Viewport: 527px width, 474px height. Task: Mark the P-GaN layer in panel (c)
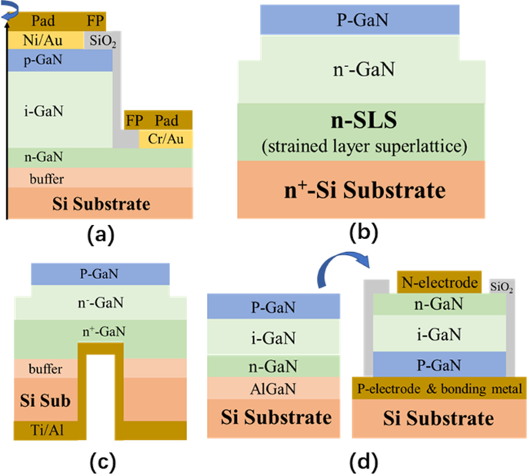(101, 273)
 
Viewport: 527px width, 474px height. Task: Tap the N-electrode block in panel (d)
(439, 282)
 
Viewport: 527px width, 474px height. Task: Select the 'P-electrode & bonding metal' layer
(439, 388)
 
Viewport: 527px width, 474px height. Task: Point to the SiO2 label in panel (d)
(502, 286)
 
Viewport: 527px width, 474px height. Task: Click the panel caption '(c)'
(102, 462)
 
